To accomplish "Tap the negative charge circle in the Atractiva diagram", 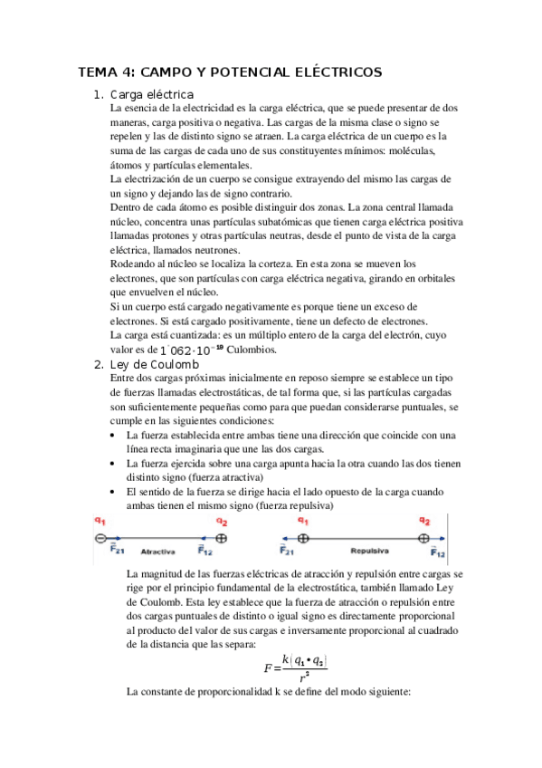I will point(101,537).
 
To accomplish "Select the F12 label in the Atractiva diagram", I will point(206,550).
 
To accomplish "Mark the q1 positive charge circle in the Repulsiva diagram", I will point(304,537).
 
